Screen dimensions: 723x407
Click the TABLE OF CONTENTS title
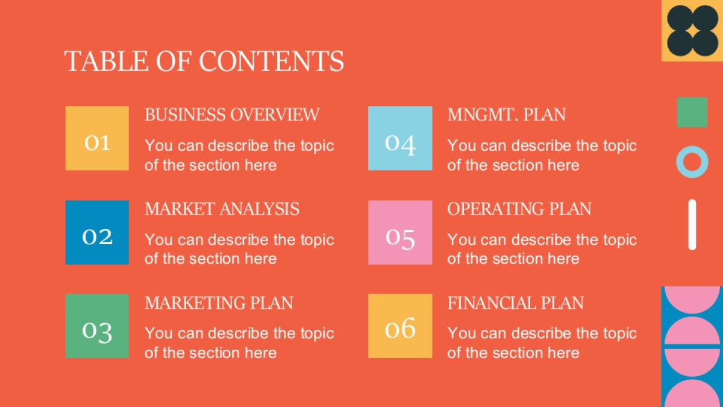(204, 61)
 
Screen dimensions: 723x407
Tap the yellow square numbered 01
(97, 138)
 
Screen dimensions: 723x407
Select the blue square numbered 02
(97, 233)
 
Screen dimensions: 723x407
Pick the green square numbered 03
(97, 326)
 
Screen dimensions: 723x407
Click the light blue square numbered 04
(400, 138)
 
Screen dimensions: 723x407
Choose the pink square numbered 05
(400, 233)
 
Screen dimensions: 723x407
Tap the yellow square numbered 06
(400, 326)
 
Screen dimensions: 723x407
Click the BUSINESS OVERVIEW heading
(232, 115)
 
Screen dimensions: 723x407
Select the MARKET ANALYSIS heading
(222, 209)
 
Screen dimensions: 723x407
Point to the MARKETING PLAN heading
(219, 303)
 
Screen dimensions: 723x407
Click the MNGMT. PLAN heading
(507, 115)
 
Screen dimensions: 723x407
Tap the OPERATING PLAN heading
(519, 209)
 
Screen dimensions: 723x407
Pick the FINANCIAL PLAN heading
(516, 303)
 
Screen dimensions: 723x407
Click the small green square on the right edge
(692, 112)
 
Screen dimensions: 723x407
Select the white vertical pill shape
(692, 224)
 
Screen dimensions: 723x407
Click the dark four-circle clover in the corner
(693, 31)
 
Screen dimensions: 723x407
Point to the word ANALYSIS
(260, 209)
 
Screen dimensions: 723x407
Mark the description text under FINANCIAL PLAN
(542, 342)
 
